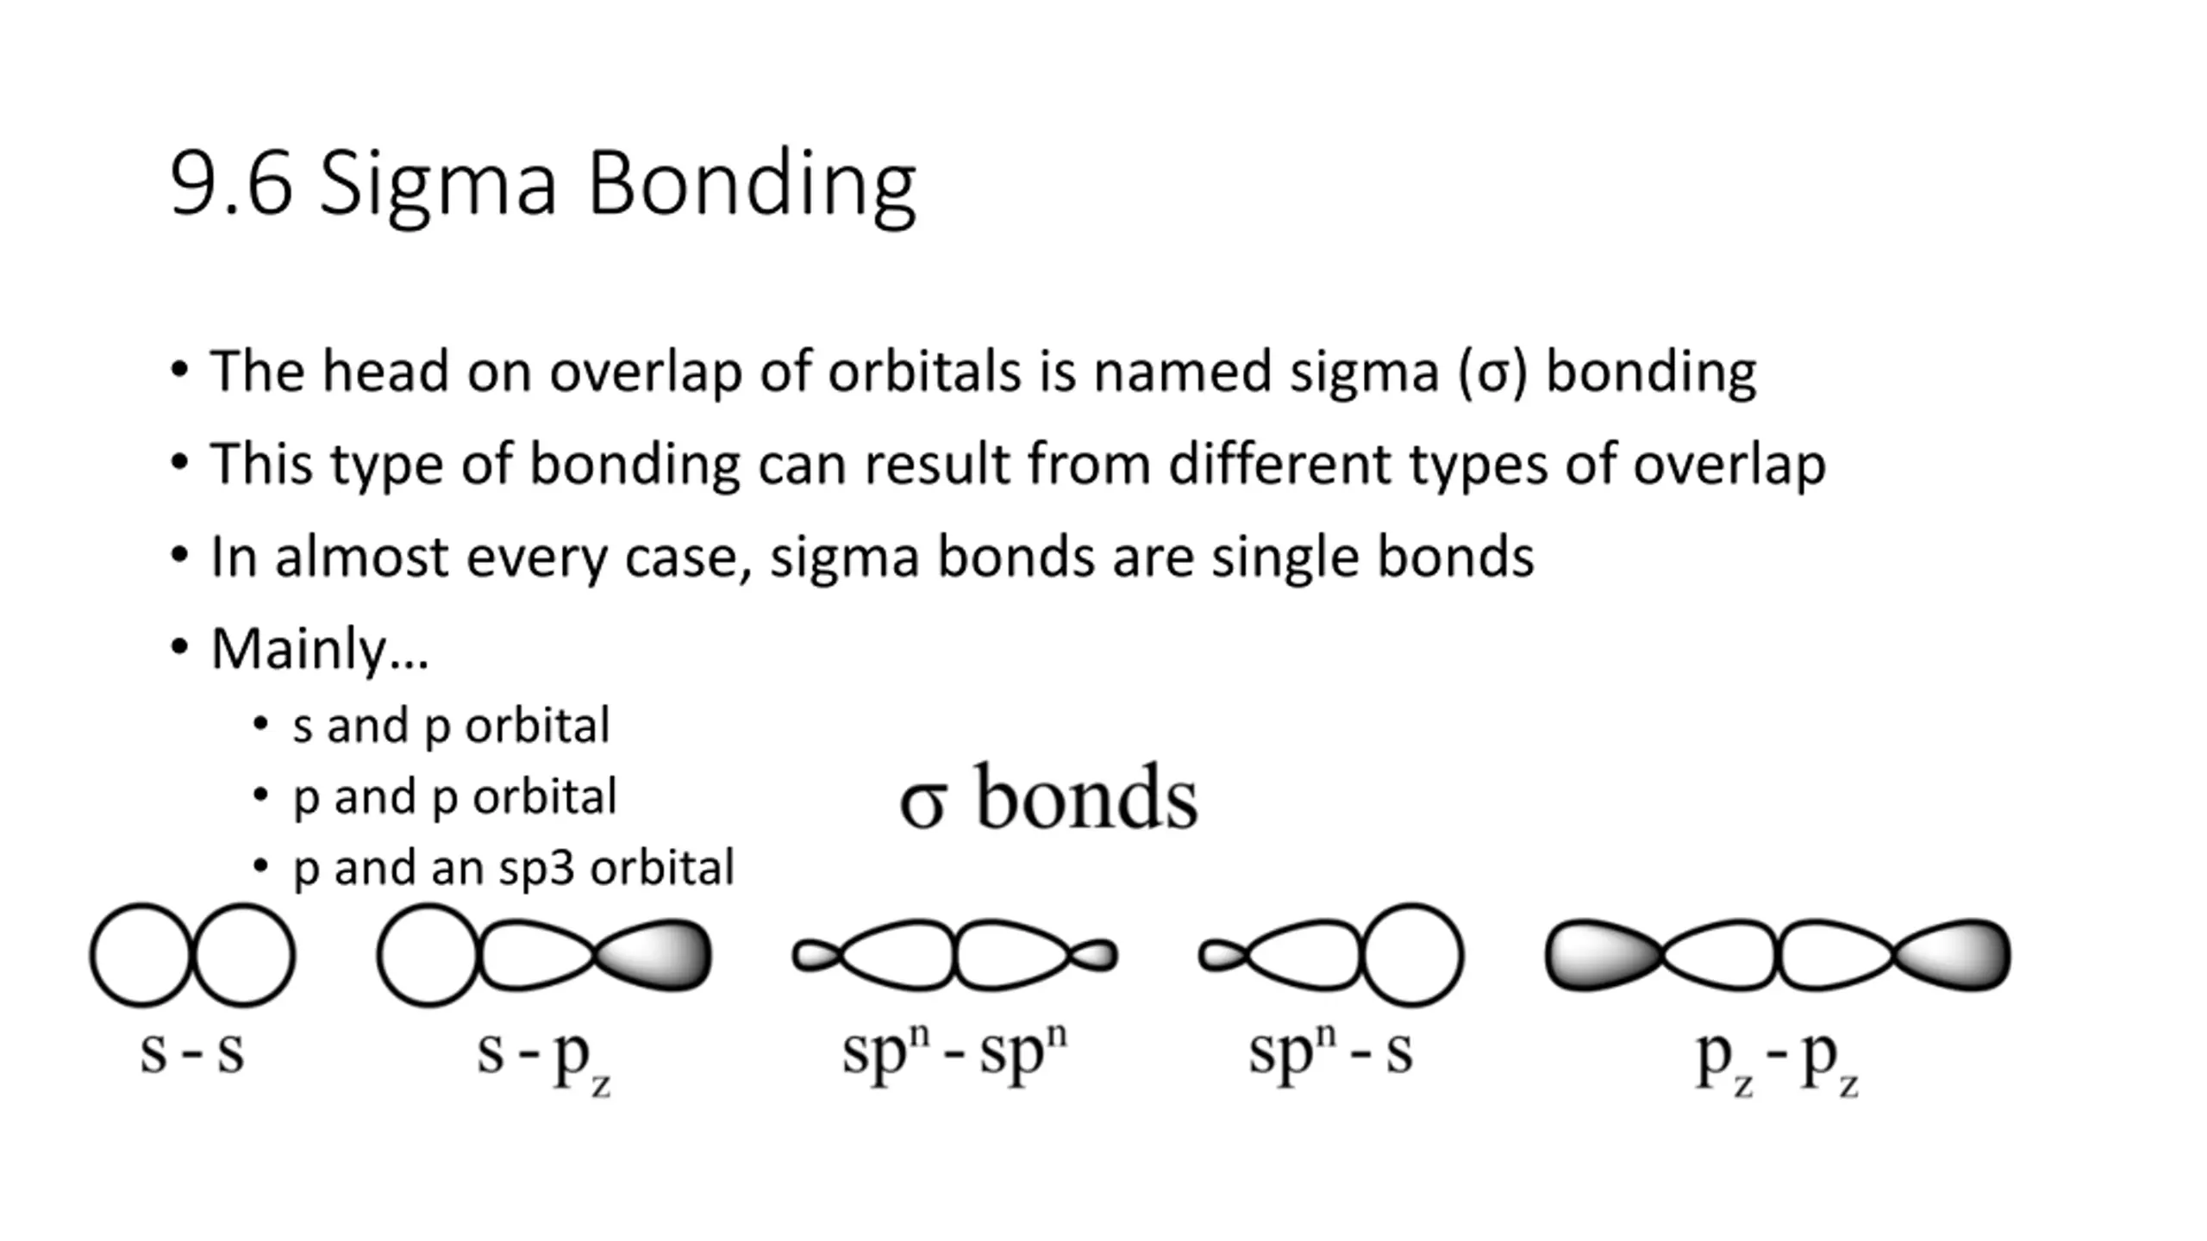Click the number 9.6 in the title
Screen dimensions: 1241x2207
pos(231,184)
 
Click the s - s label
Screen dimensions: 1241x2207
pos(192,1052)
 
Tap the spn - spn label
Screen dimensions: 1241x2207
pos(954,1052)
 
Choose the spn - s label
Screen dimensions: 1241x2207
pos(1330,1052)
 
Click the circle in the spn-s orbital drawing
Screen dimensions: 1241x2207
pos(1412,955)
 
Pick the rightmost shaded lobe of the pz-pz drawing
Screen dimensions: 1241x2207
pos(1957,955)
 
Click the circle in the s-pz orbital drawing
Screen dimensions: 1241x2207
pos(428,955)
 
